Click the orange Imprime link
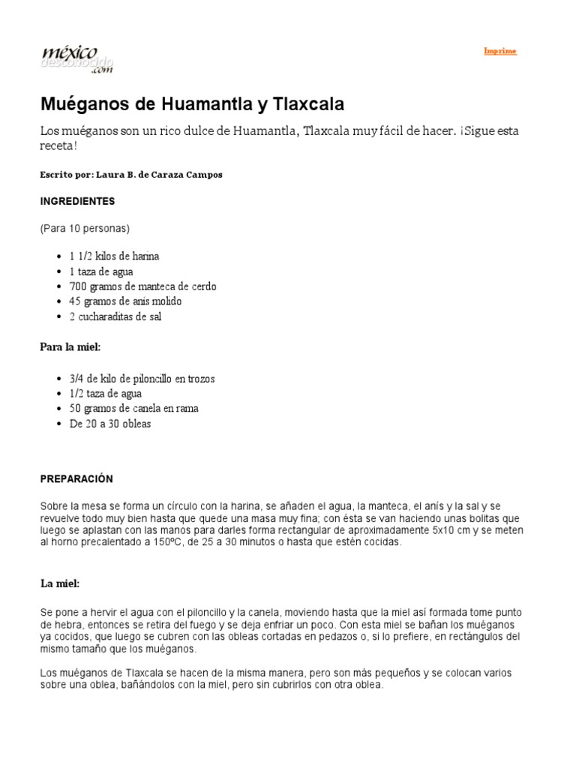[499, 51]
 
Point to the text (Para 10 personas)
[85, 228]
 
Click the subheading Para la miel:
[70, 346]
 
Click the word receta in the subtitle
[57, 145]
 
